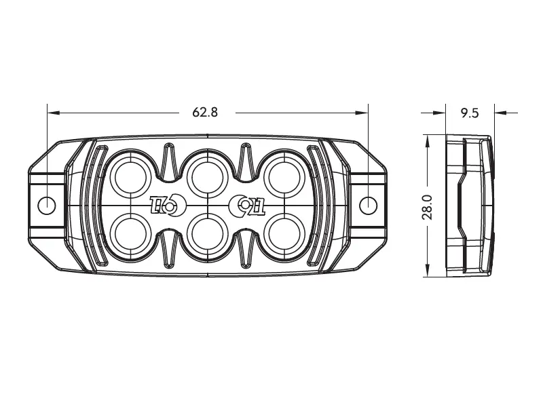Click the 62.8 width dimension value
pos(206,112)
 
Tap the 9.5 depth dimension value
pos(470,113)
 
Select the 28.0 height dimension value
pos(428,207)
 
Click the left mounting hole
pos(46,206)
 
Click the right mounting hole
pos(368,206)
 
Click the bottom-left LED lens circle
pos(130,233)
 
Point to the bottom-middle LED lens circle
pos(207,233)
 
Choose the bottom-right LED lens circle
pos(284,233)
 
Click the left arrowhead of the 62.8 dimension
pos(54,113)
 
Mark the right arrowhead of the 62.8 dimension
pos(362,113)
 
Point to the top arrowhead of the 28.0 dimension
pos(428,141)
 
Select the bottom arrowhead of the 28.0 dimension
pos(428,271)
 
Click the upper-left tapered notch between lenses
pos(169,162)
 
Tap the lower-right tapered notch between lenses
pos(246,248)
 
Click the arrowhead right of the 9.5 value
pos(501,113)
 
